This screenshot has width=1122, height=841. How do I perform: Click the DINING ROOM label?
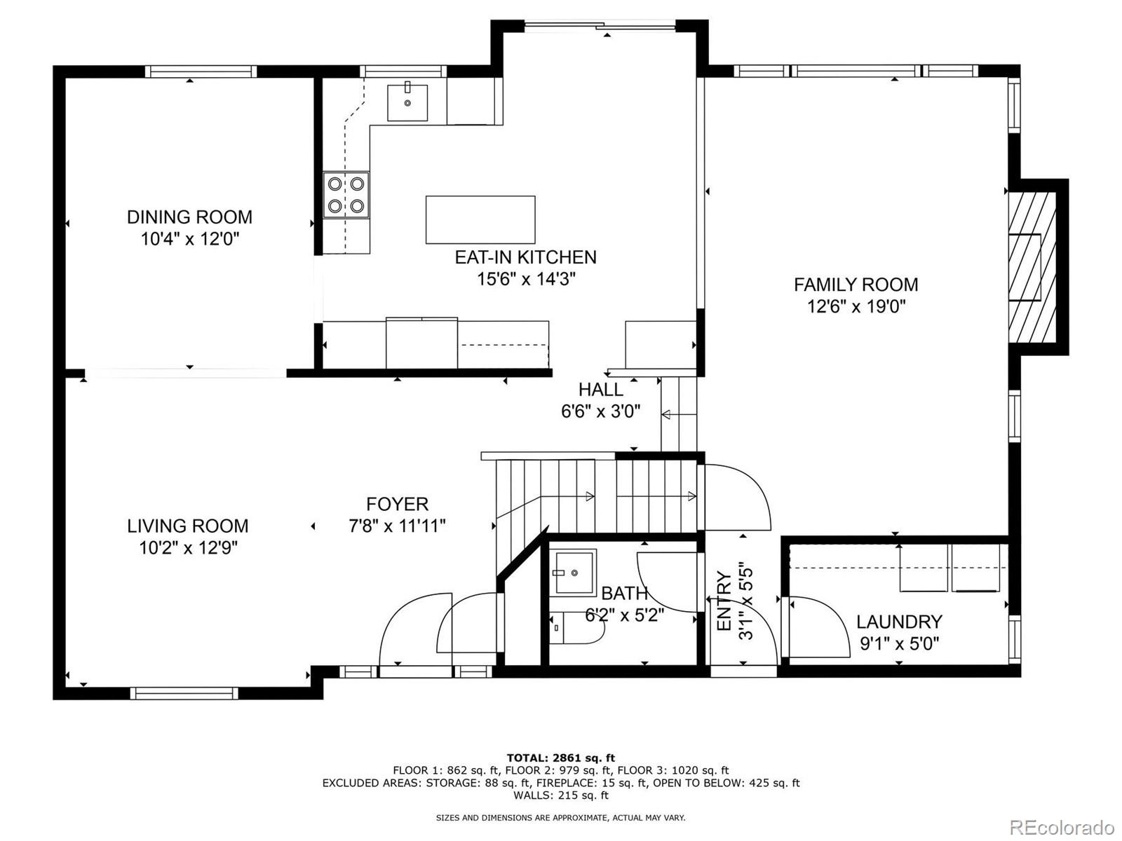point(189,217)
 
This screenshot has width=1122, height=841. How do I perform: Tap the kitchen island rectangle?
point(480,220)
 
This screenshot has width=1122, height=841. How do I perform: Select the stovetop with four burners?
point(346,195)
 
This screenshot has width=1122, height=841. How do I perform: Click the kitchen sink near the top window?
point(407,102)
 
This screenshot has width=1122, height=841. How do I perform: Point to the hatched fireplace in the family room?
point(1032,266)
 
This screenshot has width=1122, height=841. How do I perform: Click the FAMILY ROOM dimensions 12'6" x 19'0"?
point(856,307)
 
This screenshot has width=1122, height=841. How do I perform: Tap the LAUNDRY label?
point(899,622)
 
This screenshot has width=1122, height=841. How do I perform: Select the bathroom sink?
point(573,572)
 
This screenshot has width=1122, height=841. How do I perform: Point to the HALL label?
point(601,390)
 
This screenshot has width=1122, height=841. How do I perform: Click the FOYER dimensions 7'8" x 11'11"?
point(397,526)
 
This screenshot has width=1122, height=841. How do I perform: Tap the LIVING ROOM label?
point(188,526)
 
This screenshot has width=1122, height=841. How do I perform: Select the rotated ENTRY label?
point(724,601)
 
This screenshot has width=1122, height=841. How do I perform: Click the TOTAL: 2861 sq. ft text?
point(560,758)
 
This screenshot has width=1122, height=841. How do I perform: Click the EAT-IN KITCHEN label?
point(526,257)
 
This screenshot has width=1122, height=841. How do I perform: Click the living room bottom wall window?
point(184,693)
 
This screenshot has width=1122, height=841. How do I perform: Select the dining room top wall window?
point(201,71)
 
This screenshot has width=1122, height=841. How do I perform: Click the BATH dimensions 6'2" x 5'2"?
point(625,616)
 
